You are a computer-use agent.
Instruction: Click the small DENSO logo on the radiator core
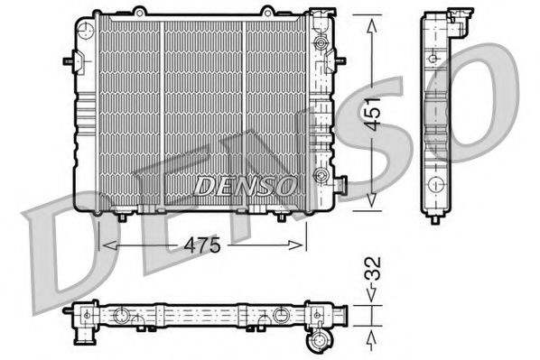tap(244, 185)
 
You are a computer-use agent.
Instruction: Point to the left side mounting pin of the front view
tap(68, 60)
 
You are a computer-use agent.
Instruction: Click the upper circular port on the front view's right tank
tap(319, 43)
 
